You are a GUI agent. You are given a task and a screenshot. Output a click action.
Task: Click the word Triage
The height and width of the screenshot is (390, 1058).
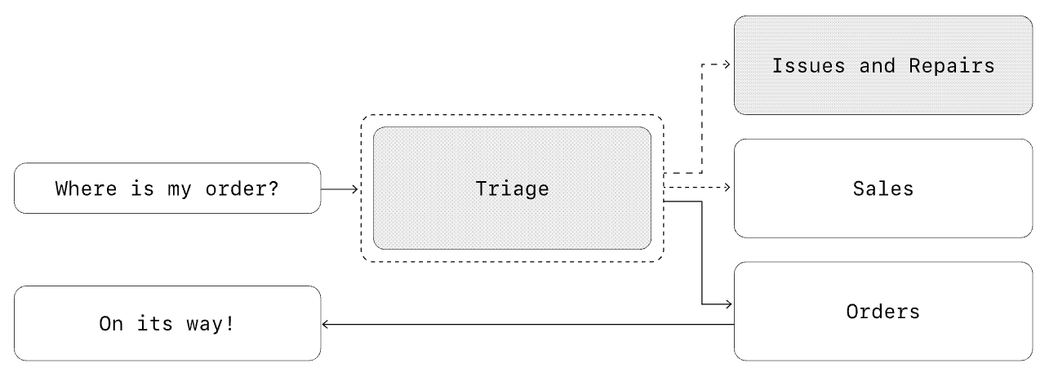512,189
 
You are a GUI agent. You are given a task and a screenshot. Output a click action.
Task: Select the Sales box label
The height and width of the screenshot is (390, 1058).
882,188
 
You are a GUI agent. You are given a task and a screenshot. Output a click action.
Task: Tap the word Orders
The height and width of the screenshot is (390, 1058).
882,312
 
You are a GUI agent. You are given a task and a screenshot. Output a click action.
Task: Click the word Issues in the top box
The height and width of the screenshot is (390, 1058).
808,66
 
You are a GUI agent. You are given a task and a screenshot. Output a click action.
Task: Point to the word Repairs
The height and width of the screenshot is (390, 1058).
951,66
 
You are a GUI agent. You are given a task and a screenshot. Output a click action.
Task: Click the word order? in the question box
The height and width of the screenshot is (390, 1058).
242,189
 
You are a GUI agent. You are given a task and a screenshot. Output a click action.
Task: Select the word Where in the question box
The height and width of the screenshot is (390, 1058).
86,188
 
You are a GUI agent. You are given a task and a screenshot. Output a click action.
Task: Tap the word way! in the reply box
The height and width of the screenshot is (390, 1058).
210,324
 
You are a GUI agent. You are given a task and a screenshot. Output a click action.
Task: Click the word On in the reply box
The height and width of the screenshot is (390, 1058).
111,324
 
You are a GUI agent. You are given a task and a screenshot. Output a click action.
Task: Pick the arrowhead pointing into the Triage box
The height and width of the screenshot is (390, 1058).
356,189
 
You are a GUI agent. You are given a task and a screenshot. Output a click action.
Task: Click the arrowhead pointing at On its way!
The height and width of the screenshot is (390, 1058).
325,325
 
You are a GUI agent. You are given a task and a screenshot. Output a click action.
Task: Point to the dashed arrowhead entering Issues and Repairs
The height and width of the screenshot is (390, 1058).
727,64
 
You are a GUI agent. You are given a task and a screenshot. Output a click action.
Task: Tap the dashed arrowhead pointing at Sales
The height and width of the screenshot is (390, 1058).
727,188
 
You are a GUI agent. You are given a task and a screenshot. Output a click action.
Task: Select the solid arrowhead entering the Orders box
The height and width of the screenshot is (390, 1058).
729,304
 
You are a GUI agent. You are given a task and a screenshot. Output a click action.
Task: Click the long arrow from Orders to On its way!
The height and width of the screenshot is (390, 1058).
528,325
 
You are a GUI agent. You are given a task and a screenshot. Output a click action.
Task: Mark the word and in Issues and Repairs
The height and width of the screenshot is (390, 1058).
877,66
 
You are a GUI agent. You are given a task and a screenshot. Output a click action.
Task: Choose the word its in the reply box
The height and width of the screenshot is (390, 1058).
155,324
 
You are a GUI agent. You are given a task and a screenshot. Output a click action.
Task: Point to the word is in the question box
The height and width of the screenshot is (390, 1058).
142,188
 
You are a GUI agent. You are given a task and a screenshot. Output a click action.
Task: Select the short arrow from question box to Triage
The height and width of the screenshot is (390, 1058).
340,189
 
